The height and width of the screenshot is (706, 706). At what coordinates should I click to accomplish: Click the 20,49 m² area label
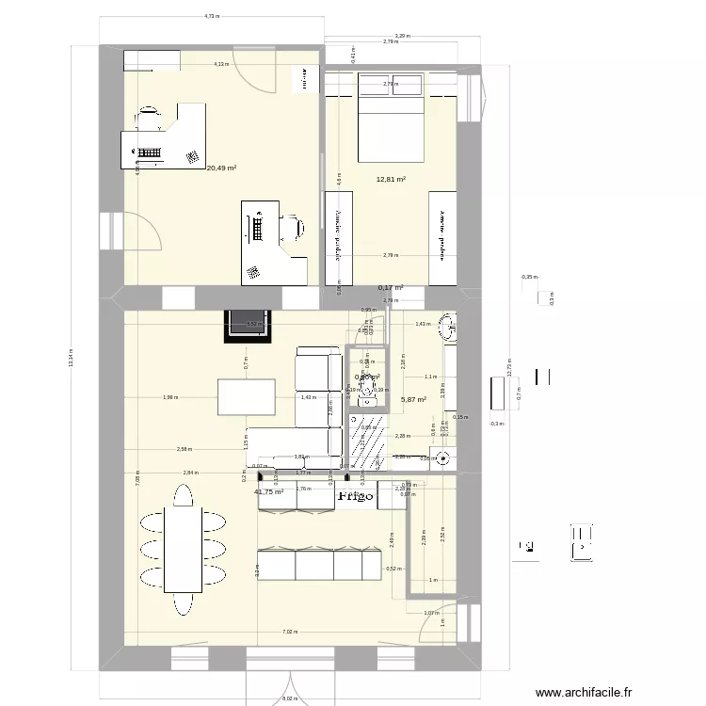pyautogui.click(x=221, y=168)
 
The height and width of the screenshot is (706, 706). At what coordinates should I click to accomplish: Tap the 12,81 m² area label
pyautogui.click(x=391, y=179)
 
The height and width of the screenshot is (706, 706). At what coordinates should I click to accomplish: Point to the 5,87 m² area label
pyautogui.click(x=413, y=399)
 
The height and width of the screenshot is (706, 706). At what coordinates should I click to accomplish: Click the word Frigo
pyautogui.click(x=356, y=495)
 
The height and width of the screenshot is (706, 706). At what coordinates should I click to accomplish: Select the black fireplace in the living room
pyautogui.click(x=249, y=326)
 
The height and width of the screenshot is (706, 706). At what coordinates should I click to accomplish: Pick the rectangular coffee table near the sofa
pyautogui.click(x=246, y=396)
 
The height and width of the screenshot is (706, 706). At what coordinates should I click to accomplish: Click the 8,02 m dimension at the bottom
pyautogui.click(x=290, y=699)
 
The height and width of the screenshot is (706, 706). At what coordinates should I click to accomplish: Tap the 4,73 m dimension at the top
pyautogui.click(x=212, y=16)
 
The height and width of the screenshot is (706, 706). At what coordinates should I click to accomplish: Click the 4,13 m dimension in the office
pyautogui.click(x=219, y=64)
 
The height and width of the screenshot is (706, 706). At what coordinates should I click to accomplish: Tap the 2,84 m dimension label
pyautogui.click(x=191, y=473)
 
